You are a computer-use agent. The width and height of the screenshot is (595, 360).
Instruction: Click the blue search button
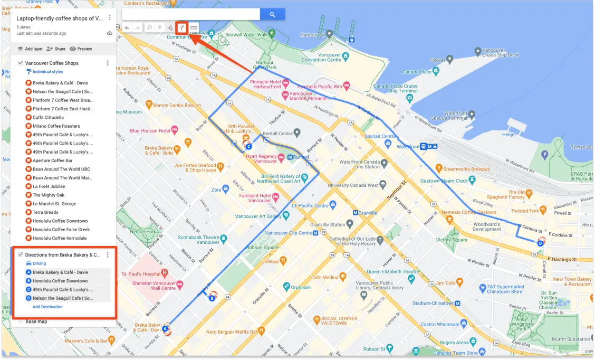[x=272, y=15]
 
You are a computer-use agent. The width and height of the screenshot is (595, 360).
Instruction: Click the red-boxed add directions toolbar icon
[x=181, y=27]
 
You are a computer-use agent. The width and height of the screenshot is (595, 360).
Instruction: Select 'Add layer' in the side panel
[x=30, y=49]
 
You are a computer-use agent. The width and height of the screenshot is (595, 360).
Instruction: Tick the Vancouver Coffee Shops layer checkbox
[x=20, y=63]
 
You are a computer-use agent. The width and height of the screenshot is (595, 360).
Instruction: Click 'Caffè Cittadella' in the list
[x=48, y=117]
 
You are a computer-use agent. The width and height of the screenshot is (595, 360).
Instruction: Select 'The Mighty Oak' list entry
[x=49, y=195]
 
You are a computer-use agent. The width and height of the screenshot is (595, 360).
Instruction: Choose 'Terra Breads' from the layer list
[x=45, y=212]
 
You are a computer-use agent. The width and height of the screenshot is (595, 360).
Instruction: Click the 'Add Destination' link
[x=47, y=307]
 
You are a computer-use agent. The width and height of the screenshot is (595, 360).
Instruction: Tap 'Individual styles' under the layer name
[x=47, y=71]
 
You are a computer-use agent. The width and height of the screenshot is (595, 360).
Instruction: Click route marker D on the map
[x=540, y=243]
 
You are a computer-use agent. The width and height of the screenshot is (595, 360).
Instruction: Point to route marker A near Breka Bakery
[x=166, y=329]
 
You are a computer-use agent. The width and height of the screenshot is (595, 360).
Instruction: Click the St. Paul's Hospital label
[x=141, y=274]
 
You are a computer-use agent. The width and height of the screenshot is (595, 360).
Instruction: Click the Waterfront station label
[x=407, y=147]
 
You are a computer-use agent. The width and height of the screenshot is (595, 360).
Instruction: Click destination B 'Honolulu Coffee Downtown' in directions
[x=60, y=281]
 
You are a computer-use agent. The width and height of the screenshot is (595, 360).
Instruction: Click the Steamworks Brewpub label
[x=467, y=169]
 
